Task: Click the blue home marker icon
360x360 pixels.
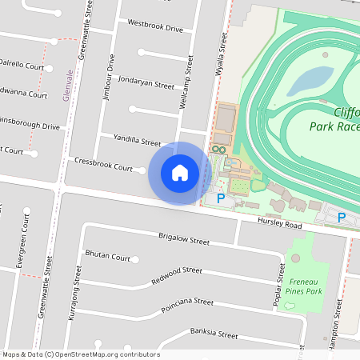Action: (180, 173)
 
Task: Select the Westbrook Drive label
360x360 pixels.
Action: (155, 27)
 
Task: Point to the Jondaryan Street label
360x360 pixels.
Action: (146, 83)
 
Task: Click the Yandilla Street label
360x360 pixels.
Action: (137, 141)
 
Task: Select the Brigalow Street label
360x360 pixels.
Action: (183, 241)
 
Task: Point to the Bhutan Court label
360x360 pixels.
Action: (107, 258)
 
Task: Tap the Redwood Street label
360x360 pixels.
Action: (176, 276)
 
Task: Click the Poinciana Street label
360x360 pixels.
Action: (187, 302)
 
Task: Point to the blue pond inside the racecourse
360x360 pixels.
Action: (310, 80)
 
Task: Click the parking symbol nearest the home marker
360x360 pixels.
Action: (221, 198)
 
